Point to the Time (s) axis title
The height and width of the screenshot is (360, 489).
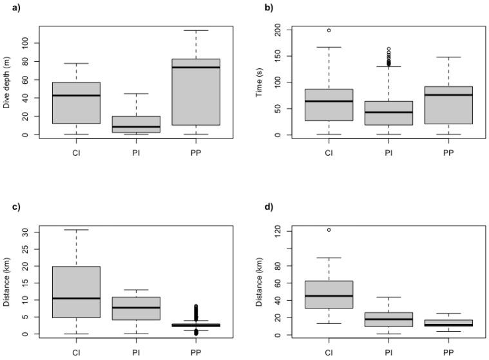point(260,82)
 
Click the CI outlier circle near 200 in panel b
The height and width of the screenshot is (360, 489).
point(329,30)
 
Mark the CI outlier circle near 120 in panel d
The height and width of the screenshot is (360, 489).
point(329,230)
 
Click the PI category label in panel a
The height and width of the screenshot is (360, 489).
point(136,153)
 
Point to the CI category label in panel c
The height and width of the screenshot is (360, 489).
point(76,352)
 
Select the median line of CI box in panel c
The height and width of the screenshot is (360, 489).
point(76,298)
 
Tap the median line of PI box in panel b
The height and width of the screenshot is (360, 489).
point(388,112)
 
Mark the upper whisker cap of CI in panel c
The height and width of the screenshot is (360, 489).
point(76,229)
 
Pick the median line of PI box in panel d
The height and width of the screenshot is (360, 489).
point(388,319)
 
